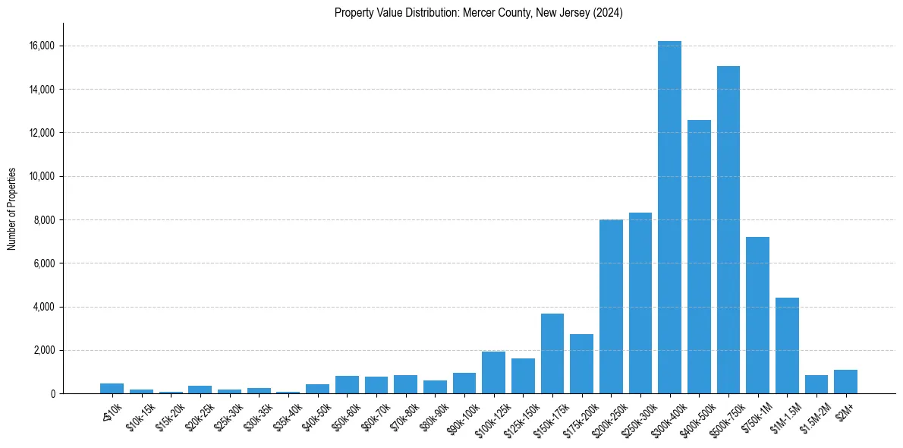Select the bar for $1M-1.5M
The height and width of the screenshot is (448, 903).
coord(787,345)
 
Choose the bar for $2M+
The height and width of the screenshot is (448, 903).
coord(845,382)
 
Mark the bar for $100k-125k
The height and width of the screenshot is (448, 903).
coord(493,373)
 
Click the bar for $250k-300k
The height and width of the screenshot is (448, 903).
coord(640,303)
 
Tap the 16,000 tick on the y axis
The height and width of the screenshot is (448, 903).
coord(39,46)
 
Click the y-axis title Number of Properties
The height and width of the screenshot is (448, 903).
coord(12,209)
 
